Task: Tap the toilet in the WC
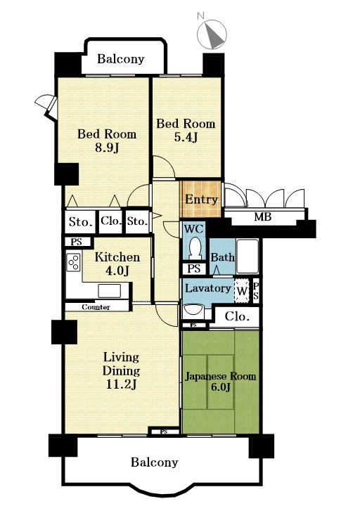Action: [x=195, y=249]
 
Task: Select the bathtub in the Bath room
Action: [x=247, y=257]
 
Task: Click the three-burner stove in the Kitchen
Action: [x=73, y=262]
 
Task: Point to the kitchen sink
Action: [x=110, y=291]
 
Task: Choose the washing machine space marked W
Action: [x=242, y=291]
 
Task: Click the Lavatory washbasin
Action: [x=193, y=312]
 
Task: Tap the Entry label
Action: [x=201, y=200]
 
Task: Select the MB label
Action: [x=262, y=217]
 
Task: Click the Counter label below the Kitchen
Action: [x=96, y=307]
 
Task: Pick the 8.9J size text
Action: [x=107, y=148]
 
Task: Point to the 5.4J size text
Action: [x=186, y=138]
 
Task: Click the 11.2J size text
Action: [x=121, y=384]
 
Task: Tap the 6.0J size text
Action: [x=221, y=387]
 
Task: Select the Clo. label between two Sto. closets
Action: [x=111, y=221]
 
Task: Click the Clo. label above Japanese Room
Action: [x=238, y=316]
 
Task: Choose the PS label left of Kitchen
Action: [x=76, y=242]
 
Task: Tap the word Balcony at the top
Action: [x=121, y=59]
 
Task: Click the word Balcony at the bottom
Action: [x=154, y=462]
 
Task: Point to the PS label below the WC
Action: [x=194, y=268]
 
